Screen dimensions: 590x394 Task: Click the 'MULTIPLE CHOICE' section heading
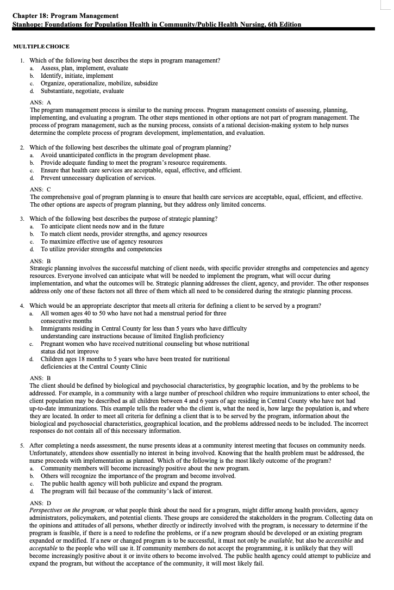41,46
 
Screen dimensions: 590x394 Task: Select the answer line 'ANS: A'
40,102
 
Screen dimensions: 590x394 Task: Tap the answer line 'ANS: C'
40,189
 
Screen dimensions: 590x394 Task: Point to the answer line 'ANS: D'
40,503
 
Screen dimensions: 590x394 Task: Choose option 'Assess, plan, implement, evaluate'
84,68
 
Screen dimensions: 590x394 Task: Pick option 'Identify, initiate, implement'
77,76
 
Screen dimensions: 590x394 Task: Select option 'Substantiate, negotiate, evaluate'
82,91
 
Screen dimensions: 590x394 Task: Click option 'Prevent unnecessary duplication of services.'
98,178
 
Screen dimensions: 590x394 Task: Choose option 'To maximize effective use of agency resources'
102,241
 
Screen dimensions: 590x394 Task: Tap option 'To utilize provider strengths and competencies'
101,249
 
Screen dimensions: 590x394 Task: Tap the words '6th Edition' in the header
279,24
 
